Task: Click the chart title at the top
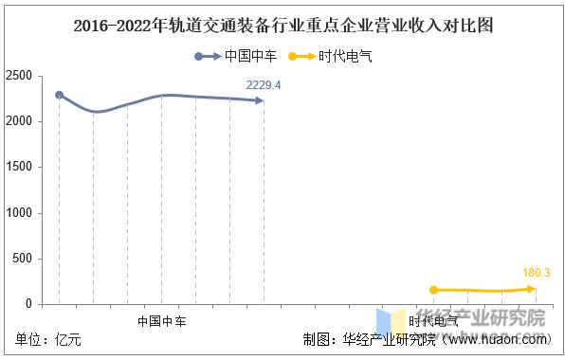[282, 26]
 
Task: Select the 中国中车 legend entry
[249, 57]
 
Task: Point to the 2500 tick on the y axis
[24, 76]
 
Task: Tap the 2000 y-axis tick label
[24, 121]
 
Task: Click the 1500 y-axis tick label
[24, 167]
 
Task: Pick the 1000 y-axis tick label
[24, 213]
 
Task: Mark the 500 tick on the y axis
[27, 259]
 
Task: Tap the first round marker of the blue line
[59, 95]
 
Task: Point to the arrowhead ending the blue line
[261, 100]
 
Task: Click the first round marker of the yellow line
[433, 290]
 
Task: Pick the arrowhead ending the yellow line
[533, 289]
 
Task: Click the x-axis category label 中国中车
[161, 321]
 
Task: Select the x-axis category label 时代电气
[433, 321]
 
